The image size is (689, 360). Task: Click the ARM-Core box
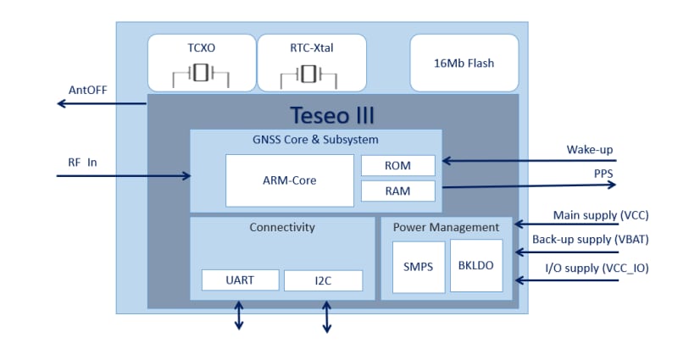pos(289,180)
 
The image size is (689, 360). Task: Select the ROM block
pos(397,165)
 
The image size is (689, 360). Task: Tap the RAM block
pos(397,191)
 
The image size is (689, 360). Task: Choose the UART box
pos(240,280)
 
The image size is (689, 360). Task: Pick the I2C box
pos(323,280)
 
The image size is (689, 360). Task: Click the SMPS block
pos(418,266)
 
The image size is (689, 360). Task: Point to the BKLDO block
pos(475,265)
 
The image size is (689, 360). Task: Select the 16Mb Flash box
pos(464,63)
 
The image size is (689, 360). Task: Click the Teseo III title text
pos(331,114)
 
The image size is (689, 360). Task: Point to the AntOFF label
pos(87,91)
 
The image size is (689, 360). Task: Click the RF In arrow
pos(124,176)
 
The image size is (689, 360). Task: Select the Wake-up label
pos(590,150)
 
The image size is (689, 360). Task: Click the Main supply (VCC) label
pos(601,215)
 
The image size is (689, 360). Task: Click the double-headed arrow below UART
pos(239,315)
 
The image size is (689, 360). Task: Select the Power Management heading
pos(447,227)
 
